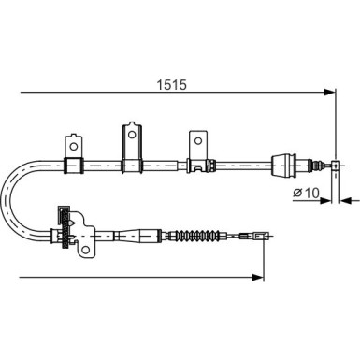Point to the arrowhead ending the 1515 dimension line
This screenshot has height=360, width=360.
329,92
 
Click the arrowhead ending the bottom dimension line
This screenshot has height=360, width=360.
256,276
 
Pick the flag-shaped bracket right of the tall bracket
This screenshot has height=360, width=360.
196,150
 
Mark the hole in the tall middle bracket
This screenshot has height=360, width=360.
129,131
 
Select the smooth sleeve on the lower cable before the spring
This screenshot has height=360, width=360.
151,236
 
